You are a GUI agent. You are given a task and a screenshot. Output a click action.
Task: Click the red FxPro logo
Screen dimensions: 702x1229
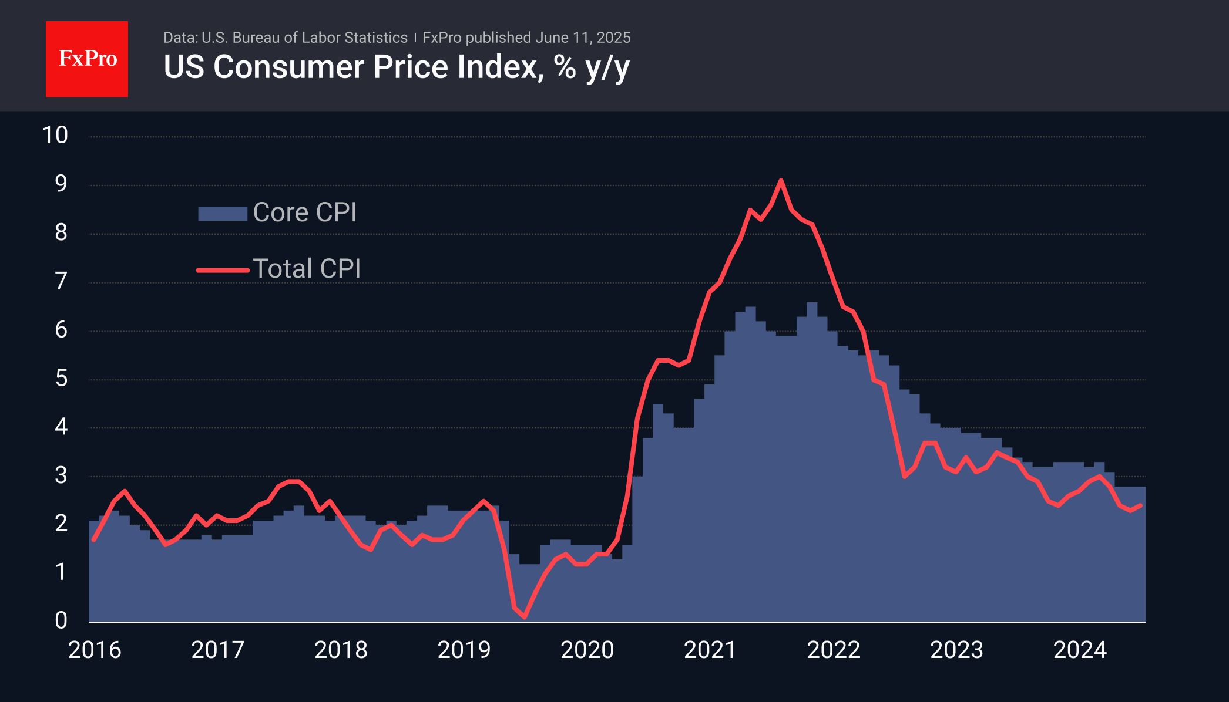click(x=87, y=59)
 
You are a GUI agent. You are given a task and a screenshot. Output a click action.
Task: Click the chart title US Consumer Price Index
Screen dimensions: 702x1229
click(x=396, y=67)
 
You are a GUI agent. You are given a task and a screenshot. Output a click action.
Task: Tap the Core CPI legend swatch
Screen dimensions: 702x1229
click(x=222, y=213)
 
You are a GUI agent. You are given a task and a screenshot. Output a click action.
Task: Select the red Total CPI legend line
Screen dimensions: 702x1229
click(x=223, y=270)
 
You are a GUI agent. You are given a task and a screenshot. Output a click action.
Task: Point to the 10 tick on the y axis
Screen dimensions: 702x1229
click(x=55, y=136)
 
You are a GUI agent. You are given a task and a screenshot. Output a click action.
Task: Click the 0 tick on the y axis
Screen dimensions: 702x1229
click(x=61, y=620)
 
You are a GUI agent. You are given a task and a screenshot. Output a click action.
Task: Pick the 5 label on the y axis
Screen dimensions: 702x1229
click(x=61, y=379)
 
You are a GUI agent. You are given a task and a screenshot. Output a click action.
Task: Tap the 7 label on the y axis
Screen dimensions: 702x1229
click(x=61, y=281)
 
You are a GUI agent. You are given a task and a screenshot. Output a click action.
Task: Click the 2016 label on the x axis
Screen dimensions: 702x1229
click(x=95, y=650)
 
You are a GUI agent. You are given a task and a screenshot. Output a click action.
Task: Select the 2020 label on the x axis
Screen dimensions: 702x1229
click(x=587, y=650)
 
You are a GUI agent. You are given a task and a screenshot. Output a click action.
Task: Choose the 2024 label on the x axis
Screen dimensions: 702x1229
click(x=1080, y=650)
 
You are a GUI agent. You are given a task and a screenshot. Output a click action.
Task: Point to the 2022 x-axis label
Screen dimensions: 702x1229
click(x=834, y=650)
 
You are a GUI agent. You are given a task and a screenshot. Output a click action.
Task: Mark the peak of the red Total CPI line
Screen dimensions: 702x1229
click(x=781, y=180)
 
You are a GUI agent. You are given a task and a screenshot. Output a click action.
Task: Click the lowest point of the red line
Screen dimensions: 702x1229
click(x=524, y=617)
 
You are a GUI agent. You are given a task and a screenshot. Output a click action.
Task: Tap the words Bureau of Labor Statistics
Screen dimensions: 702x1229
click(x=320, y=38)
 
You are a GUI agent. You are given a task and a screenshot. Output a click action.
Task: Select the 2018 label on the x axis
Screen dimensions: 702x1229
click(x=341, y=650)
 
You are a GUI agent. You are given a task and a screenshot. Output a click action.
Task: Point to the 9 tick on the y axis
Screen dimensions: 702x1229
click(x=61, y=184)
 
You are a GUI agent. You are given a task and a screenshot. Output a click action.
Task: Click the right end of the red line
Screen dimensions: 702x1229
click(x=1141, y=505)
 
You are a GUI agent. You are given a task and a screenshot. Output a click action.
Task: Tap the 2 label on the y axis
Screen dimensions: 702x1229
click(x=61, y=524)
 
